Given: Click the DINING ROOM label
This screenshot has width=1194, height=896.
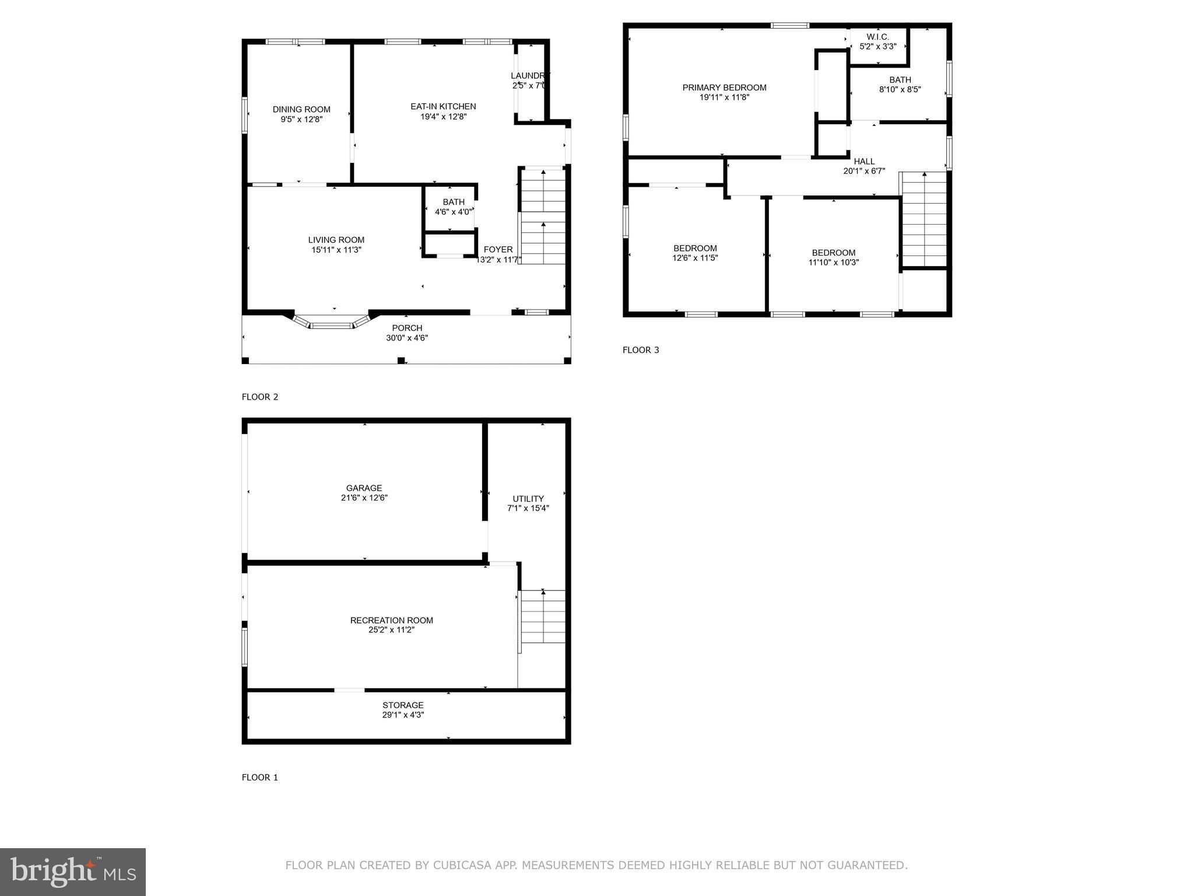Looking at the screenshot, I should pyautogui.click(x=301, y=110).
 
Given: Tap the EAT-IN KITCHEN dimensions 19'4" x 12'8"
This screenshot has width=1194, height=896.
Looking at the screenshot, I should pyautogui.click(x=443, y=117).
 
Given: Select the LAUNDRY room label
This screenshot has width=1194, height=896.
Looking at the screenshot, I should pyautogui.click(x=529, y=76).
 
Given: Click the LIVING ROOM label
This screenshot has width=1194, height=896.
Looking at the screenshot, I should pyautogui.click(x=336, y=240).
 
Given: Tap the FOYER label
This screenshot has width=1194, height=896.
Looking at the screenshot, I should pyautogui.click(x=498, y=250).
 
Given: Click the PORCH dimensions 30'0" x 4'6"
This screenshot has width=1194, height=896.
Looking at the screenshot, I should pyautogui.click(x=406, y=338).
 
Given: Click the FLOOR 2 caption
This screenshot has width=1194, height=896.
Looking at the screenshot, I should pyautogui.click(x=260, y=397).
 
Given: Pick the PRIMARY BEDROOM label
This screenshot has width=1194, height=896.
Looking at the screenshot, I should pyautogui.click(x=724, y=88).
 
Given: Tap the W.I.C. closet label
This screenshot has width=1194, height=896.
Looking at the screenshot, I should pyautogui.click(x=877, y=37).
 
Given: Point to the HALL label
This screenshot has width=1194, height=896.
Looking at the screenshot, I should pyautogui.click(x=864, y=162).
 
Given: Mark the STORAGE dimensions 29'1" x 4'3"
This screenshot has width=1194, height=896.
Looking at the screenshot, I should pyautogui.click(x=403, y=715).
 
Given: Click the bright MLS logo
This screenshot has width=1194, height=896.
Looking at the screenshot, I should pyautogui.click(x=73, y=871).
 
